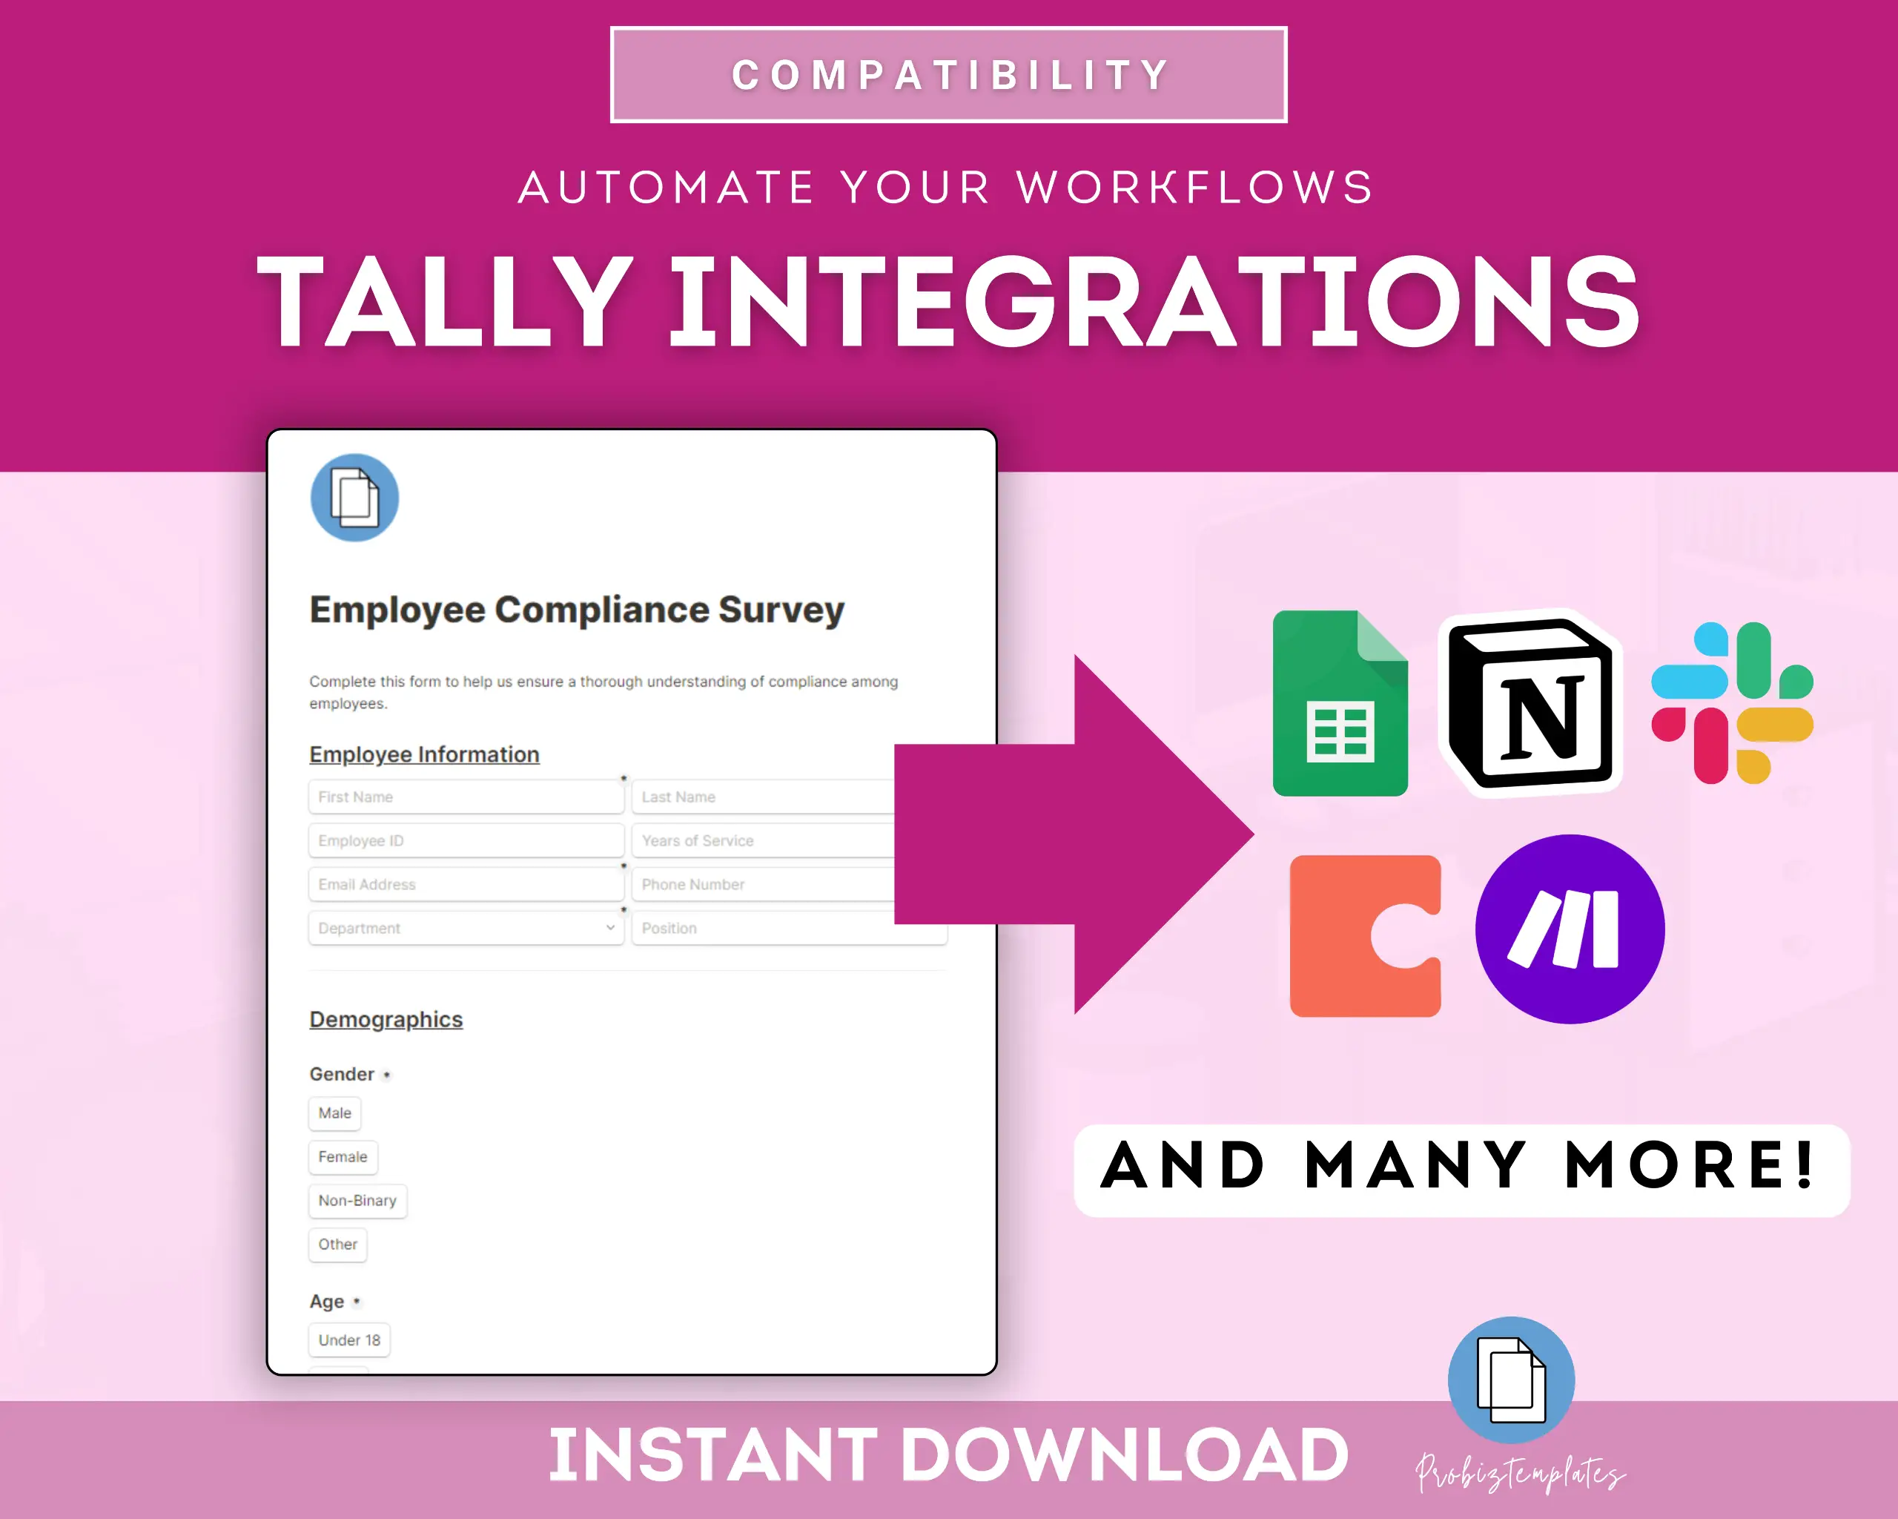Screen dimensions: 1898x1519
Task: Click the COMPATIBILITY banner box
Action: tap(948, 75)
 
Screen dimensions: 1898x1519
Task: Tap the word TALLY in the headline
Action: tap(445, 301)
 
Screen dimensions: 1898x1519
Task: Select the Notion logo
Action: tap(1530, 702)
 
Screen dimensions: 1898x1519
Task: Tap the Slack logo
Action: tap(1732, 702)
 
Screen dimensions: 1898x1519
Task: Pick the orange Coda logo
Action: tap(1364, 935)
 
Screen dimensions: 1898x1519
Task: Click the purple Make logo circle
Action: tap(1570, 929)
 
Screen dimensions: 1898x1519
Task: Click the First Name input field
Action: tap(466, 797)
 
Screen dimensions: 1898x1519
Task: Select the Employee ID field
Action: tap(466, 840)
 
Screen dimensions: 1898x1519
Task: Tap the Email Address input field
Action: tap(466, 884)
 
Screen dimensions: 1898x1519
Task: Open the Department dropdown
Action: tap(466, 928)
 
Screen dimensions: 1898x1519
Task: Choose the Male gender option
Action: tap(334, 1113)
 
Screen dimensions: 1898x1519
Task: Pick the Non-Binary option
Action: tap(357, 1200)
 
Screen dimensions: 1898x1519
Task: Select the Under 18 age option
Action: tap(349, 1340)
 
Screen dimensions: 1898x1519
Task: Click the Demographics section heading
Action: tap(386, 1020)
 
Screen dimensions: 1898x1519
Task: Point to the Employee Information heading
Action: tap(424, 754)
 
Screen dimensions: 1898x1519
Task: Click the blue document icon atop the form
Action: tap(355, 498)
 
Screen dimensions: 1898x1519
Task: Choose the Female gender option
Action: tap(343, 1157)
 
